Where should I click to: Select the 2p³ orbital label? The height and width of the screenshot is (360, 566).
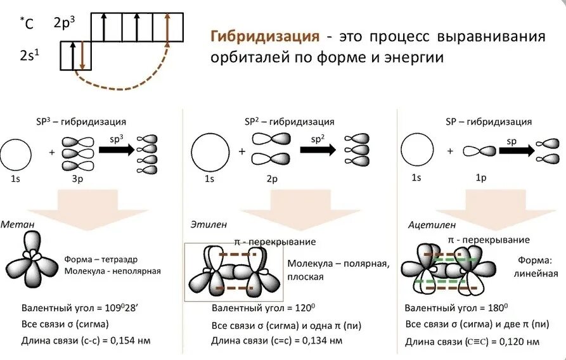pyautogui.click(x=65, y=23)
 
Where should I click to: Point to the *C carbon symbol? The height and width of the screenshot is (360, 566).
pyautogui.click(x=27, y=23)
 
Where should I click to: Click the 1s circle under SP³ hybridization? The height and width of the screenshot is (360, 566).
pyautogui.click(x=15, y=154)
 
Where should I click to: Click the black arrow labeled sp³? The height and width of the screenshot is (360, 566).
pyautogui.click(x=116, y=150)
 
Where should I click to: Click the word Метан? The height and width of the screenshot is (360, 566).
pyautogui.click(x=14, y=224)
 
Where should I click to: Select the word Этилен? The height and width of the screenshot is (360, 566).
pyautogui.click(x=209, y=224)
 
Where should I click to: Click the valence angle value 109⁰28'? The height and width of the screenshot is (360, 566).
pyautogui.click(x=124, y=309)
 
